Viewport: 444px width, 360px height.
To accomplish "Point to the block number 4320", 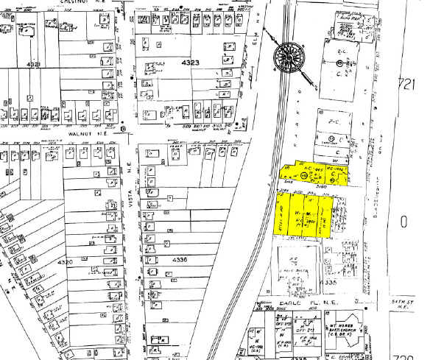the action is pyautogui.click(x=67, y=261).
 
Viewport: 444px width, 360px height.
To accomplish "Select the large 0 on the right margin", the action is pyautogui.click(x=403, y=221).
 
